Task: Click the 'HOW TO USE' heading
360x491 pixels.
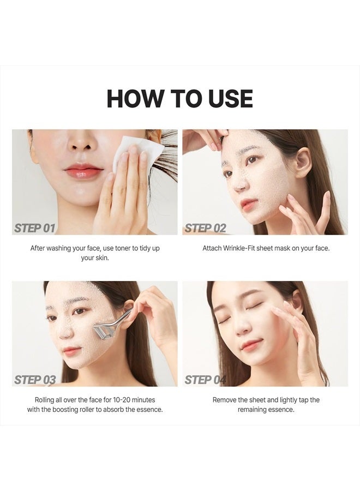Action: (180, 98)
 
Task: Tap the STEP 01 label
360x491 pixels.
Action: (35, 228)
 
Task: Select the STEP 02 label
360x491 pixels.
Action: (205, 228)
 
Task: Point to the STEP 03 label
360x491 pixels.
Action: (35, 380)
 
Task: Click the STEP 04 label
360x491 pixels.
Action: (205, 380)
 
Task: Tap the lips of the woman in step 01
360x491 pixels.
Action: (83, 172)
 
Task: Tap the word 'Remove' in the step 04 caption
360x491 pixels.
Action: (225, 400)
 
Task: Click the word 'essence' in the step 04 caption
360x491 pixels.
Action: (281, 410)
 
